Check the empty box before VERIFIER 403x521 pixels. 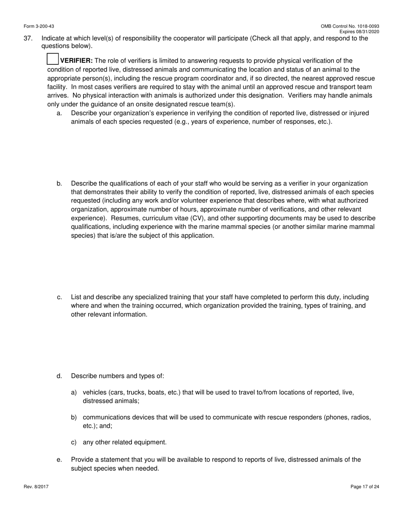click(52, 59)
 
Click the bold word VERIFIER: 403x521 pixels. click(76, 61)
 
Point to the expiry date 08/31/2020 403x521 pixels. click(368, 32)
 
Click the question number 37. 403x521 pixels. click(28, 39)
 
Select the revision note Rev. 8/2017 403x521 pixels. click(36, 487)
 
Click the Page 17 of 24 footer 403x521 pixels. click(365, 487)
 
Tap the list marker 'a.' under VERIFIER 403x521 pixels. click(59, 113)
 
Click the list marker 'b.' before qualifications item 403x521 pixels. click(59, 183)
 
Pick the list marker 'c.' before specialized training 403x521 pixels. click(59, 297)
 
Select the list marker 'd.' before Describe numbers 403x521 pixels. click(59, 376)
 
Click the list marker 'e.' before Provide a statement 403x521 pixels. click(59, 460)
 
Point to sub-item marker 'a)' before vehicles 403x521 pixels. click(74, 392)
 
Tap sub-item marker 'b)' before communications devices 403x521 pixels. click(74, 417)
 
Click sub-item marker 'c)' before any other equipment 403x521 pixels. click(74, 442)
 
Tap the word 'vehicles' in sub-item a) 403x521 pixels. click(95, 392)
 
